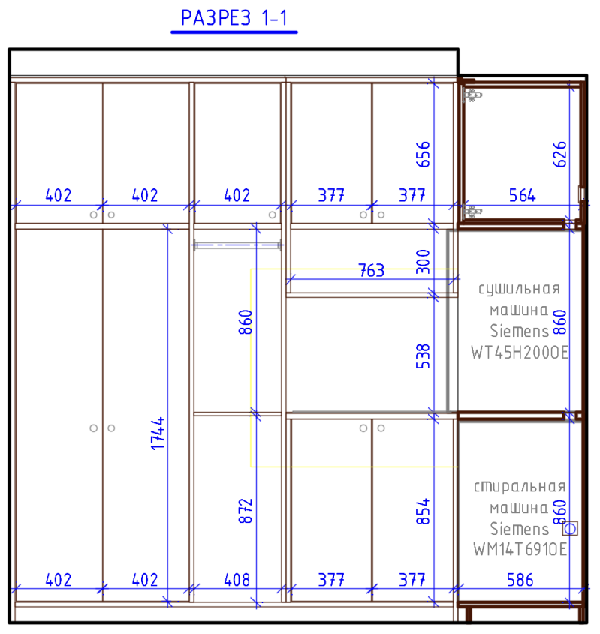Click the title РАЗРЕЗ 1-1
(x=234, y=18)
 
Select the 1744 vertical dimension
(x=158, y=434)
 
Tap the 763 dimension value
(x=371, y=271)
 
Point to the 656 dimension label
(x=423, y=154)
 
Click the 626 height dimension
(x=559, y=154)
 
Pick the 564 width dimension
(x=522, y=196)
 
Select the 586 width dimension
(x=520, y=580)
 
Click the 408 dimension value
(x=237, y=580)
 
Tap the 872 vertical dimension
(x=246, y=511)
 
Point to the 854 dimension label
(x=423, y=512)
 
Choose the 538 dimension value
(x=423, y=356)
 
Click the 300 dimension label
(x=423, y=262)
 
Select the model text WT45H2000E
(x=520, y=353)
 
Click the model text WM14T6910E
(x=520, y=549)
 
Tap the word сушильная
(x=520, y=289)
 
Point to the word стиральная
(x=520, y=487)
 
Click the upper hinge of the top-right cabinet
(x=472, y=95)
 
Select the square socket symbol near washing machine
(x=570, y=528)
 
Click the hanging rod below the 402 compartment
(x=237, y=245)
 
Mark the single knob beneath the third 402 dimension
(x=273, y=215)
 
